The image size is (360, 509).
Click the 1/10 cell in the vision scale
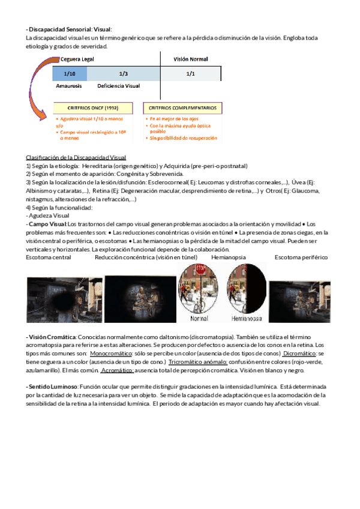coord(70,73)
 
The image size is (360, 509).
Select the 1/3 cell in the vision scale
coord(124,73)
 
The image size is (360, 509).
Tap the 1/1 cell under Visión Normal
coord(191,73)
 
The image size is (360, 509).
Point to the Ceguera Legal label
coord(77,59)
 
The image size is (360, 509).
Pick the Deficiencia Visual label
coord(118,86)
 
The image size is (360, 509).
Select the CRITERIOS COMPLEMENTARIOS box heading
coord(182,108)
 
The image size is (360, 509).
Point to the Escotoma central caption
coord(49,257)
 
